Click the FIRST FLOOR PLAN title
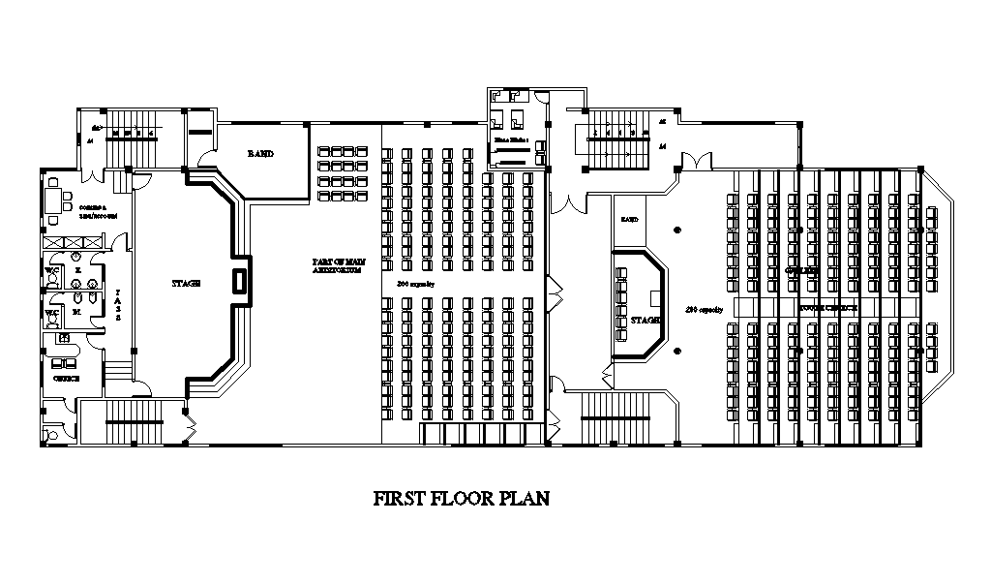462,500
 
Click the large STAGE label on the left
186,283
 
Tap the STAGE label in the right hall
646,319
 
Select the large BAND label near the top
260,154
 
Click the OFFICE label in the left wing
66,379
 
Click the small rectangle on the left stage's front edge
239,281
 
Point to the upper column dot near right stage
677,230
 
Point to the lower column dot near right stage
677,351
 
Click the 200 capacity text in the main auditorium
416,283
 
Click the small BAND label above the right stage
629,220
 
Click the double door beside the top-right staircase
694,159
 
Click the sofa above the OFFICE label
64,363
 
